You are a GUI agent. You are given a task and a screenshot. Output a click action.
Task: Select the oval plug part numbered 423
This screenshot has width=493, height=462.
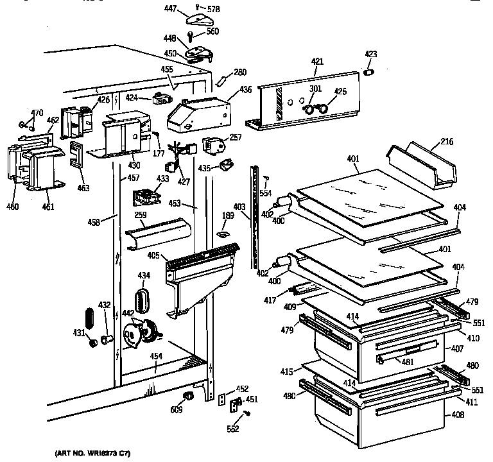[x=369, y=73]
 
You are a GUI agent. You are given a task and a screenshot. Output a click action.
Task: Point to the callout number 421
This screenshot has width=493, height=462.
[x=317, y=62]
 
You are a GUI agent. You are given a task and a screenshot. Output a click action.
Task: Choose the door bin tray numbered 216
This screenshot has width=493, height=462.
[x=421, y=167]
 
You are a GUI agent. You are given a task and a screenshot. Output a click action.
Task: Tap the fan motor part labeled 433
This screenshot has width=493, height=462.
[x=146, y=194]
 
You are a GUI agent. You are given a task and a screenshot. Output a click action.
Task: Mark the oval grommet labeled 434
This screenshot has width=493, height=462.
[x=143, y=298]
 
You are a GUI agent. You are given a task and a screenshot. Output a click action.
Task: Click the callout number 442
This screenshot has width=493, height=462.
[x=128, y=312]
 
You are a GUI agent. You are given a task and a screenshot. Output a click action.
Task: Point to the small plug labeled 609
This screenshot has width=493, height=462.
[x=189, y=395]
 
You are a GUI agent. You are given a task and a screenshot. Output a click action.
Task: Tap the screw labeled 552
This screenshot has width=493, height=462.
[x=247, y=414]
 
